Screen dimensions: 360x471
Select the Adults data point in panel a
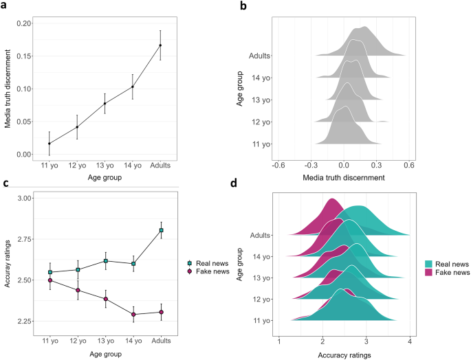161,45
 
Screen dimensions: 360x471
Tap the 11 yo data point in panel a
49,144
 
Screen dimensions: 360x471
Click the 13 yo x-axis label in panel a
105,166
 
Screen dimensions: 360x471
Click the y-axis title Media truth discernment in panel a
8,88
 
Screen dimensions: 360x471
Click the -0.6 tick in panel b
278,165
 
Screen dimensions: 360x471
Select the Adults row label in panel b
259,56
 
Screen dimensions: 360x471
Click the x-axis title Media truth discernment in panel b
344,178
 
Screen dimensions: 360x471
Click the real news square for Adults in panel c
161,230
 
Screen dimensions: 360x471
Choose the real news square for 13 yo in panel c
105,261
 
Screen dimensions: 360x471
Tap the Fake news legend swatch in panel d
428,272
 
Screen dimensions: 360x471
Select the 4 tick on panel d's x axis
410,340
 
